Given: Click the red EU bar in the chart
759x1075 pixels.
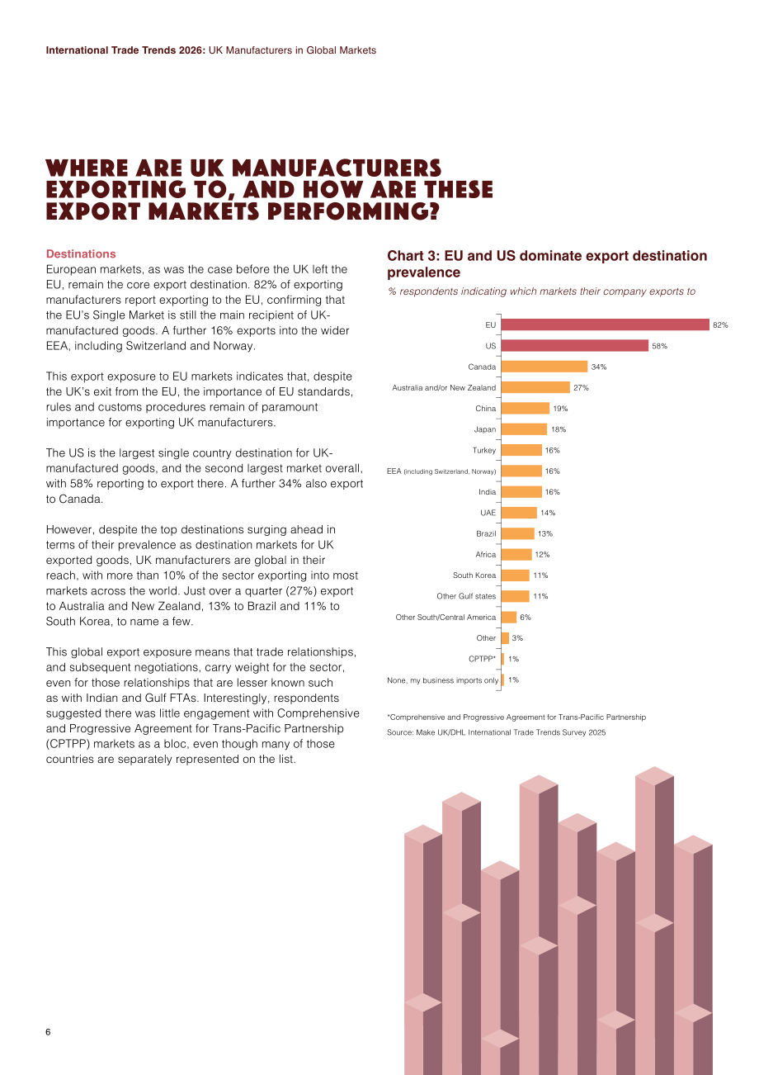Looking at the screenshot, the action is [x=605, y=325].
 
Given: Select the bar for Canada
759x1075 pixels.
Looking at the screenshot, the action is [x=544, y=367].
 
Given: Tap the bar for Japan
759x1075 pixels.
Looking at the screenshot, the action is [x=524, y=429].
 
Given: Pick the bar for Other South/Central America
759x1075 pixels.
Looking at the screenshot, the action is [x=509, y=617].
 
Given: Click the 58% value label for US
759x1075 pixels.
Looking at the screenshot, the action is [x=659, y=346].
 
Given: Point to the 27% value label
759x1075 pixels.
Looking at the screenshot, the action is [x=581, y=388].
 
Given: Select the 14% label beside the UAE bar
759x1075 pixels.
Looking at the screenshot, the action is [x=548, y=513].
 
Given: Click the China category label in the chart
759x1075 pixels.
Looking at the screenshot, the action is [x=485, y=409].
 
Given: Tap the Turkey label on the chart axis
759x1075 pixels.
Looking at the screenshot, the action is [x=483, y=450].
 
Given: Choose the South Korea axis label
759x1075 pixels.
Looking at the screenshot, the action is [x=474, y=575].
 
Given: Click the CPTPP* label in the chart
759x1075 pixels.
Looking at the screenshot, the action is [x=482, y=659].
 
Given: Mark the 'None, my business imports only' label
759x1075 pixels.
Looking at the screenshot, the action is [x=442, y=680].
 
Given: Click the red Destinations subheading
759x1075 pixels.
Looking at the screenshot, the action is [x=81, y=253].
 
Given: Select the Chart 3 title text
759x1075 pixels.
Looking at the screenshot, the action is [x=547, y=264].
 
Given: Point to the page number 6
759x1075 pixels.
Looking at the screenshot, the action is [x=48, y=1032].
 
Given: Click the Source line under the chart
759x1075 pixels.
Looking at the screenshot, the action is [x=497, y=732].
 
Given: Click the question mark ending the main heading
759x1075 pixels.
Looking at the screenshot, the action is [x=433, y=211].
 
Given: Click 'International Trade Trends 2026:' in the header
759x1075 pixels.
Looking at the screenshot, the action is [x=125, y=50].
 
